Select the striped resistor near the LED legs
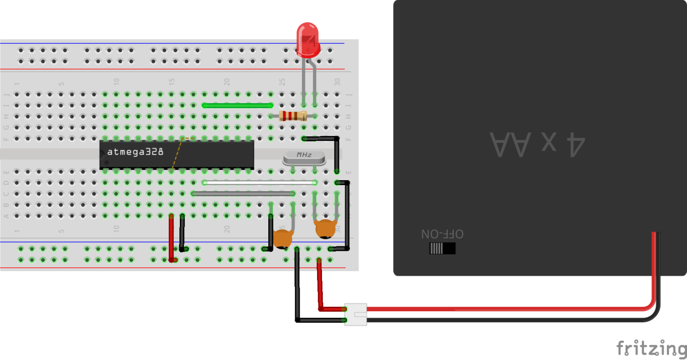tap(293, 116)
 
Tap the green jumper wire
tap(237, 106)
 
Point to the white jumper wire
tap(259, 182)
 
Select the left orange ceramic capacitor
tap(282, 239)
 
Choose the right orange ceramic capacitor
tap(326, 229)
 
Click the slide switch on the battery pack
tap(442, 248)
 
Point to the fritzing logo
tap(651, 348)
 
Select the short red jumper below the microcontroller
tap(171, 237)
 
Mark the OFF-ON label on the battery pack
tap(442, 234)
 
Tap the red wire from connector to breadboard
tap(320, 286)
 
